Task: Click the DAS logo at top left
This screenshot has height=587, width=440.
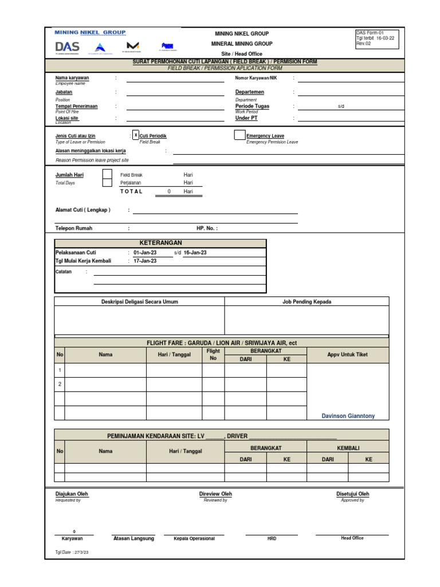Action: pyautogui.click(x=68, y=46)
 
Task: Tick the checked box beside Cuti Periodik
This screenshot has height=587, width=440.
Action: pyautogui.click(x=136, y=135)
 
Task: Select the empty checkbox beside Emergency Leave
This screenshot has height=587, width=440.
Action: pyautogui.click(x=239, y=135)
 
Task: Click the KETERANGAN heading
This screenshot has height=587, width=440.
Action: pyautogui.click(x=160, y=243)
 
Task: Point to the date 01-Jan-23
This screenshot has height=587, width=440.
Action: pyautogui.click(x=145, y=252)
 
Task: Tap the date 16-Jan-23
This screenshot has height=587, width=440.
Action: pyautogui.click(x=195, y=252)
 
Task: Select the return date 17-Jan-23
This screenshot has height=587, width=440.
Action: pyautogui.click(x=145, y=261)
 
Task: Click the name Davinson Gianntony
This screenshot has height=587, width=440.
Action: pyautogui.click(x=348, y=416)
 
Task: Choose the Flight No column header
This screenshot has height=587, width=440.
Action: pyautogui.click(x=213, y=354)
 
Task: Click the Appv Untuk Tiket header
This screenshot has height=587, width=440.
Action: pyautogui.click(x=348, y=354)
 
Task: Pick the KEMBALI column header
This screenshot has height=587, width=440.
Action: pyautogui.click(x=348, y=448)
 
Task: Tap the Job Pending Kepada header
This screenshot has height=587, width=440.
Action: pyautogui.click(x=307, y=302)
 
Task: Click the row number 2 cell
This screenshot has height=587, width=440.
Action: pyautogui.click(x=60, y=384)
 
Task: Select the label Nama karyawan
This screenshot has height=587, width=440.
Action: pyautogui.click(x=72, y=78)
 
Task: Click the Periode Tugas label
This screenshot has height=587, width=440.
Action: pyautogui.click(x=252, y=106)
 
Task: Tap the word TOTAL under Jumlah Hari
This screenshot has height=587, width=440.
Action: pyautogui.click(x=131, y=191)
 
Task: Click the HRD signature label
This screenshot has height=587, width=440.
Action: pyautogui.click(x=272, y=539)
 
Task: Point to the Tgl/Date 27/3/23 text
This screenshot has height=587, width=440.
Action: pyautogui.click(x=72, y=553)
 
